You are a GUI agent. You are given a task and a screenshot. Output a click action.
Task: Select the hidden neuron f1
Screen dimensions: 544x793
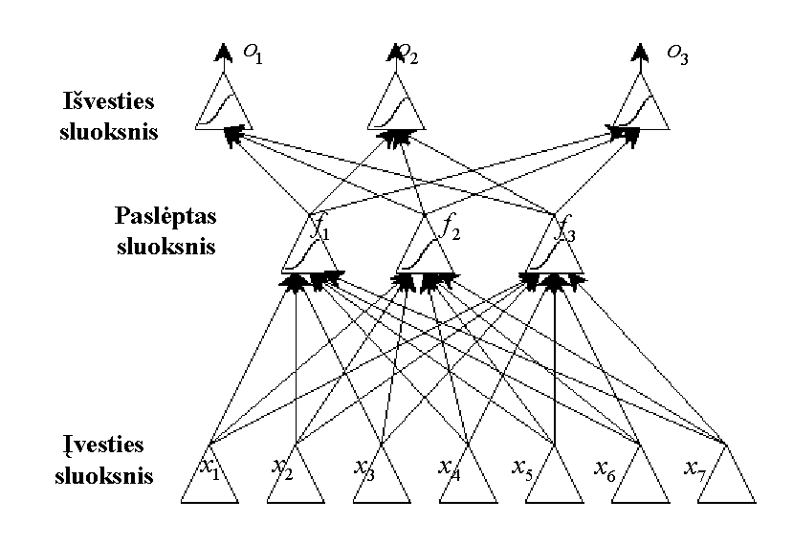point(311,248)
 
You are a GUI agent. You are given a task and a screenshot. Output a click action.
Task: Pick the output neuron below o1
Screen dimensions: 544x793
point(223,105)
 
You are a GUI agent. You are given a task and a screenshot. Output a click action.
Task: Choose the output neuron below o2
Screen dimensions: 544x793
point(397,105)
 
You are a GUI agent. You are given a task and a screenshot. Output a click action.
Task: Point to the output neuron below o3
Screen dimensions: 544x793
point(639,105)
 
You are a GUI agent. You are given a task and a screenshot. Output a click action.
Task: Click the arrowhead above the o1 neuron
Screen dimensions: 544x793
point(224,52)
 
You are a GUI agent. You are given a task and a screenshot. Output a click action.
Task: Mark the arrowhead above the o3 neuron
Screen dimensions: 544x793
point(641,52)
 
